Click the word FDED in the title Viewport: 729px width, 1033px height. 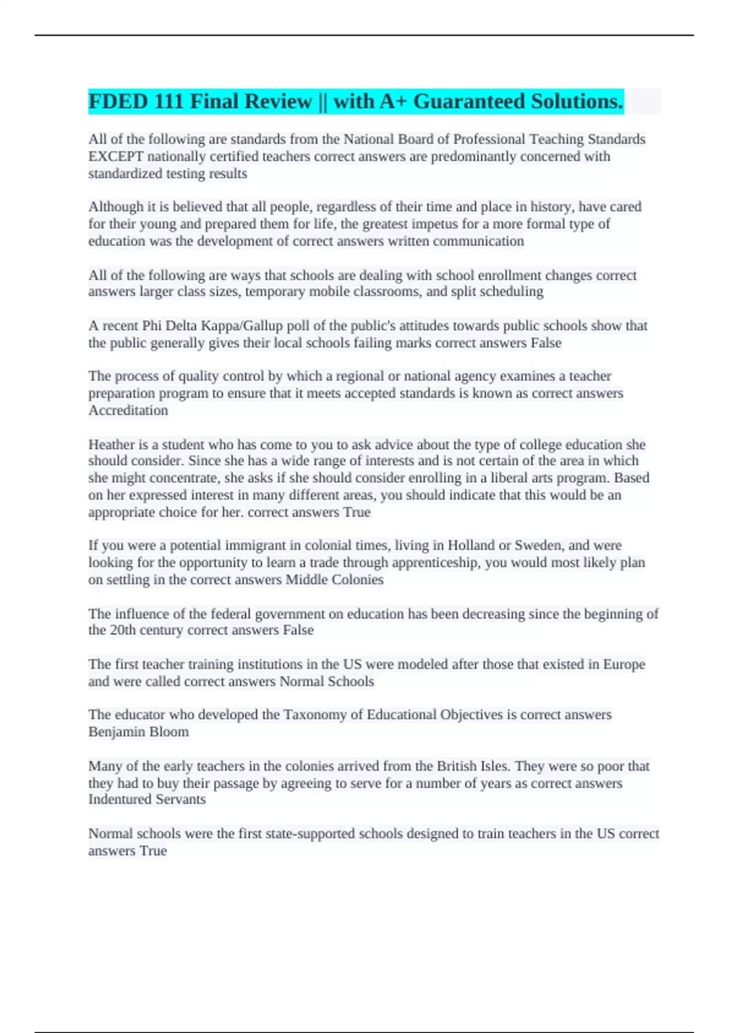click(x=118, y=101)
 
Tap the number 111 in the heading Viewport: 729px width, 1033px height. click(x=169, y=101)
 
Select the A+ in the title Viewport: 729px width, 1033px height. click(x=393, y=101)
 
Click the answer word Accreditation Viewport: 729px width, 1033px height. click(x=128, y=411)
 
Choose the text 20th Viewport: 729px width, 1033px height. click(x=123, y=630)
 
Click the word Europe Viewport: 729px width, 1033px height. click(x=624, y=665)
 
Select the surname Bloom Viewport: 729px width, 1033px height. click(x=169, y=732)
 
